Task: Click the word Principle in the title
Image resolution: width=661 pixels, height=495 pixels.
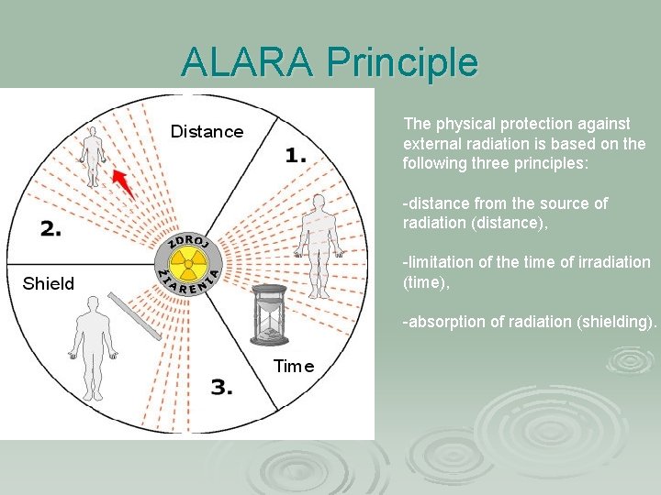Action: click(x=402, y=62)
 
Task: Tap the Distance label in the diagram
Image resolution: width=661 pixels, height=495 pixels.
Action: click(x=207, y=132)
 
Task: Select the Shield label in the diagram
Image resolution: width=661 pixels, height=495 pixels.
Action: click(x=49, y=283)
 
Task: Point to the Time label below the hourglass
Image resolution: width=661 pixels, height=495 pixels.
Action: click(x=294, y=367)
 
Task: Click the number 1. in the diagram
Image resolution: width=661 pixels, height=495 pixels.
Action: click(x=296, y=156)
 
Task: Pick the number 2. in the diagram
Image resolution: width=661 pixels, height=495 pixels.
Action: click(x=50, y=229)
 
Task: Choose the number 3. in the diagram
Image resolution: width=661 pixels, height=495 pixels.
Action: click(x=221, y=388)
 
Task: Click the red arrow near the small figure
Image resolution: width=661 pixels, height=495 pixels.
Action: click(x=122, y=183)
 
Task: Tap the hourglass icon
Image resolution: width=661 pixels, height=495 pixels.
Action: click(x=269, y=313)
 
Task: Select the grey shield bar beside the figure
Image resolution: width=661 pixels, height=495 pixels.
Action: click(x=135, y=316)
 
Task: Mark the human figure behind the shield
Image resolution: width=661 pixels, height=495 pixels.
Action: click(x=93, y=344)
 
